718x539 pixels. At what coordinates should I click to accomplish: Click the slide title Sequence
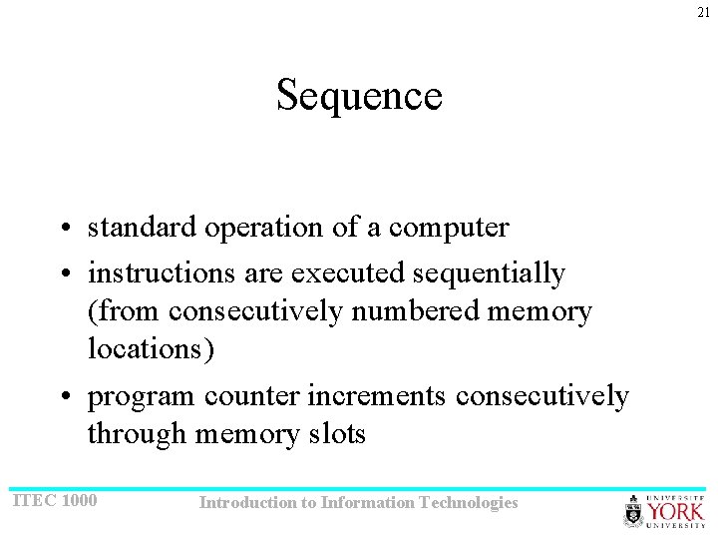click(x=359, y=96)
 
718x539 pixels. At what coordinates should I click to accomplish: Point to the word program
click(x=142, y=397)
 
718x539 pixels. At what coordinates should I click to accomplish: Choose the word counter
click(x=252, y=396)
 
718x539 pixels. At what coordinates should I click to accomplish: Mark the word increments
click(x=377, y=396)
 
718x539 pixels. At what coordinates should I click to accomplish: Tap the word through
click(x=137, y=435)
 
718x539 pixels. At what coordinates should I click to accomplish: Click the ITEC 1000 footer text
click(x=54, y=500)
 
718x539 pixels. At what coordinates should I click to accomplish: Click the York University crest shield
click(x=634, y=511)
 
